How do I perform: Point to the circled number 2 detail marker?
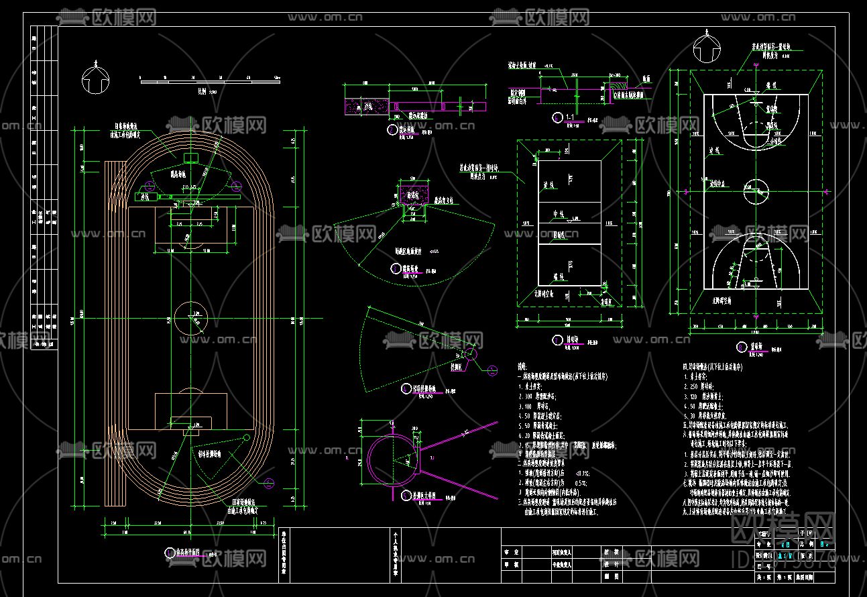(392, 129)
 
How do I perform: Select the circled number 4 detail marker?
(406, 388)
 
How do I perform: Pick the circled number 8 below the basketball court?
(741, 347)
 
